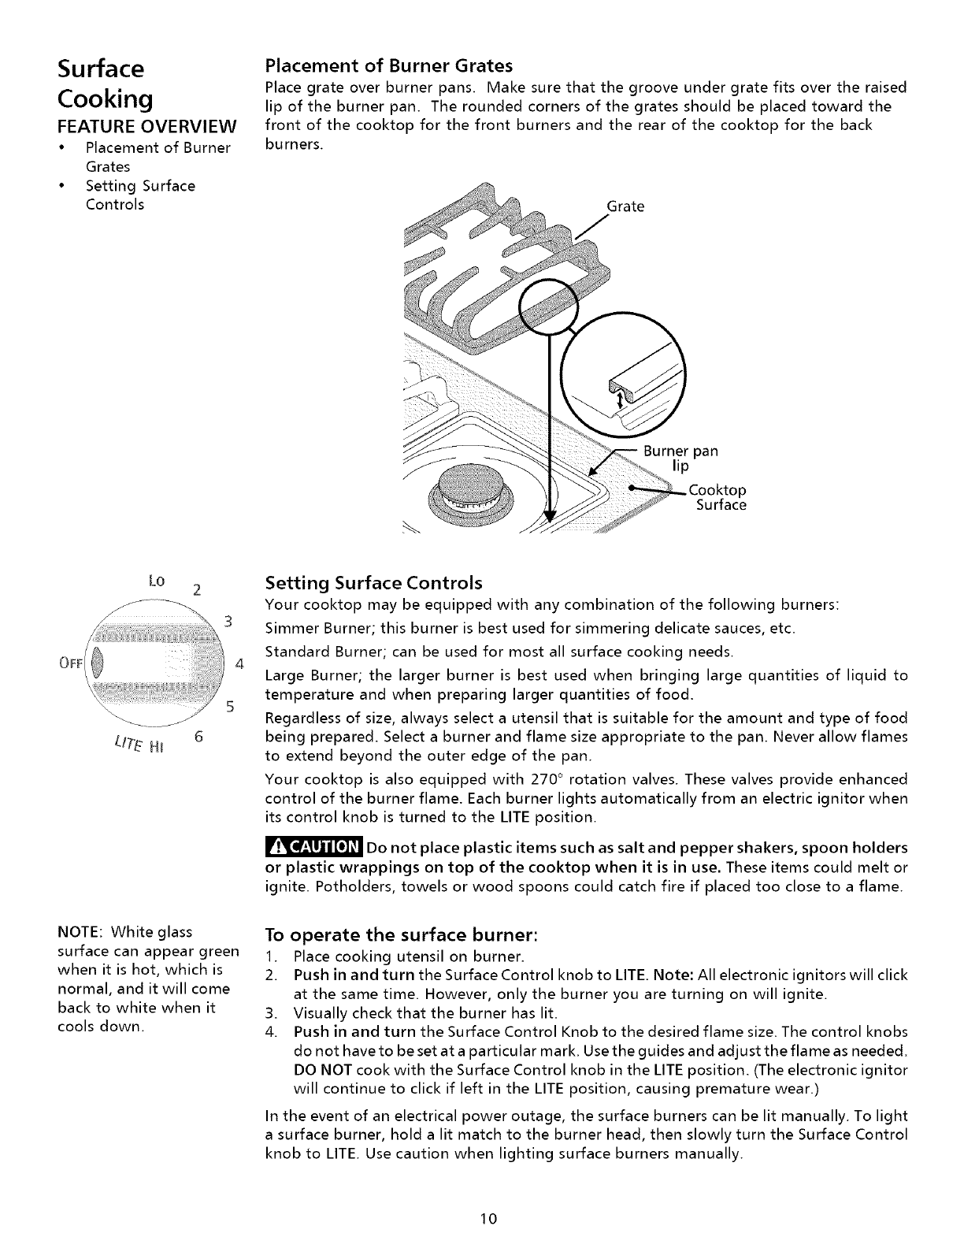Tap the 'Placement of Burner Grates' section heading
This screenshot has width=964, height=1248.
pyautogui.click(x=389, y=64)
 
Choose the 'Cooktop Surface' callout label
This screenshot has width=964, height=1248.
pyautogui.click(x=717, y=498)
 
